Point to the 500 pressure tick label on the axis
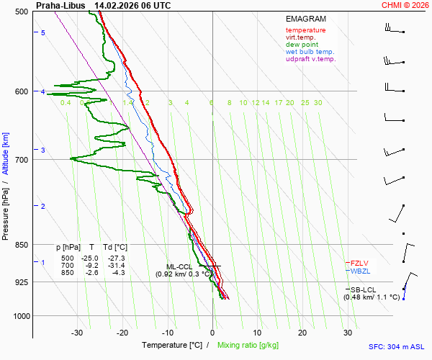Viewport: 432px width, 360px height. click(x=21, y=12)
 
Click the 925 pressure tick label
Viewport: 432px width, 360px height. click(x=21, y=282)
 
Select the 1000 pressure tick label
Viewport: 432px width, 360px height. click(x=19, y=316)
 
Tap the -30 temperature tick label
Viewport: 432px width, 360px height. click(x=78, y=333)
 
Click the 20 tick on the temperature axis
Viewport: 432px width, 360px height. click(x=302, y=333)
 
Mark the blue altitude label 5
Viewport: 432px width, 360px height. click(x=43, y=33)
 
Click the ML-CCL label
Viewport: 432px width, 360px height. click(x=179, y=266)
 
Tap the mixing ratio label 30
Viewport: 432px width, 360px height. click(x=318, y=103)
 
